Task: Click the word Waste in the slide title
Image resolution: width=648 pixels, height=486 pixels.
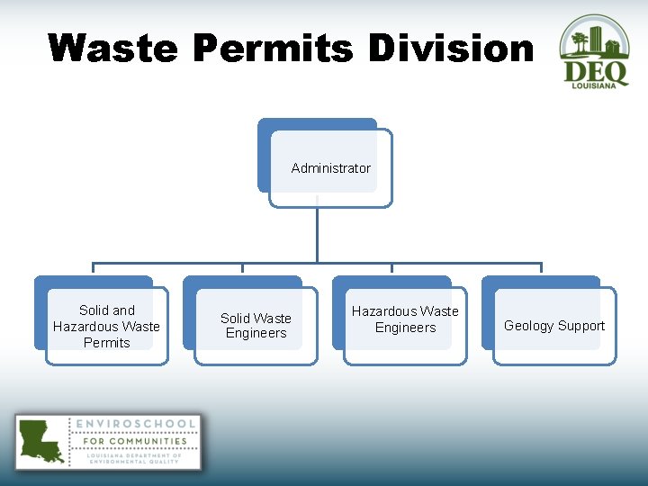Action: (112, 48)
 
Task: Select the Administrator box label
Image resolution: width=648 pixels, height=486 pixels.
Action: (330, 168)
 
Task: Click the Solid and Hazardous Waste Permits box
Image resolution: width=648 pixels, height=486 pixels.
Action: (106, 326)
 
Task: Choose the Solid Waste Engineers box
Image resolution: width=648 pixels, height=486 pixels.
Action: (256, 326)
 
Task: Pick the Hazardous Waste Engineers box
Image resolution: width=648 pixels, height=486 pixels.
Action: (405, 319)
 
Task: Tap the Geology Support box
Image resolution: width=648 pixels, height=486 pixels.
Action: (554, 326)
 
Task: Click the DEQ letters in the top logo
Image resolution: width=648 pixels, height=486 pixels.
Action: (595, 70)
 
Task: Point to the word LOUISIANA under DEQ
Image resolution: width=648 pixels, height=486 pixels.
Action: (595, 85)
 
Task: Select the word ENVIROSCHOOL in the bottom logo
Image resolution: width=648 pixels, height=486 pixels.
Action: (137, 424)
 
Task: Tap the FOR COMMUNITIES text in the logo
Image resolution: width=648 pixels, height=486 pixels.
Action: (135, 441)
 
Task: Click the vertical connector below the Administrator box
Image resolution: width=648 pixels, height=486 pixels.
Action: (317, 234)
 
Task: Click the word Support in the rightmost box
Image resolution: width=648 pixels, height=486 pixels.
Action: (580, 326)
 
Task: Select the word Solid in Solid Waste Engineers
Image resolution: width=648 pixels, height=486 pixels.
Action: (236, 319)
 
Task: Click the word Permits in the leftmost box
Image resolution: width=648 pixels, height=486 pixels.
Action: (106, 343)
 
